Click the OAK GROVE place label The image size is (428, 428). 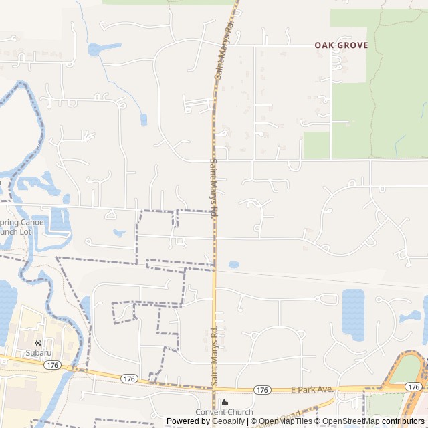(x=341, y=45)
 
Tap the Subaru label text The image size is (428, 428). (x=39, y=352)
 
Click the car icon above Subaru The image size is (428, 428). (x=39, y=342)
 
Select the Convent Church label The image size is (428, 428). (x=224, y=412)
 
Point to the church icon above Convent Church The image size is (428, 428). (x=224, y=403)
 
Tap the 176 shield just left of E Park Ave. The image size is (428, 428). (x=262, y=390)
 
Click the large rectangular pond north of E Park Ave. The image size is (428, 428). (x=352, y=311)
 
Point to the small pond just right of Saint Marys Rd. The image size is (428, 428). (x=233, y=265)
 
